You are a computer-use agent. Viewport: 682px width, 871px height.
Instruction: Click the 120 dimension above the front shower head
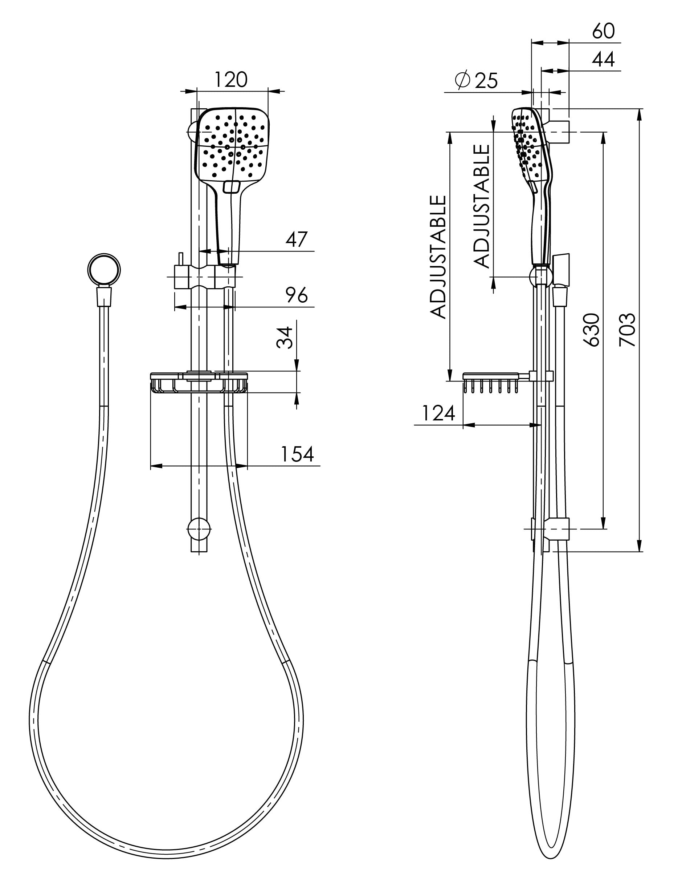pyautogui.click(x=231, y=80)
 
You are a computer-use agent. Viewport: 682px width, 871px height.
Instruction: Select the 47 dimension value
pyautogui.click(x=296, y=239)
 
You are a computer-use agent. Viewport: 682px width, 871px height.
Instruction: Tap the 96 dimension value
pyautogui.click(x=296, y=295)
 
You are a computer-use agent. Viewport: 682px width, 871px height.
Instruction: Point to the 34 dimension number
pyautogui.click(x=285, y=338)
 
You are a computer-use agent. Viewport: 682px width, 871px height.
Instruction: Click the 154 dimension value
pyautogui.click(x=297, y=454)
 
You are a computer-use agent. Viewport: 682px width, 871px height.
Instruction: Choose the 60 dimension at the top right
pyautogui.click(x=603, y=31)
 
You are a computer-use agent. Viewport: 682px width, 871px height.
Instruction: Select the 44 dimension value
pyautogui.click(x=603, y=60)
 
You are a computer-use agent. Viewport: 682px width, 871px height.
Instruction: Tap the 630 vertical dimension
pyautogui.click(x=592, y=330)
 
